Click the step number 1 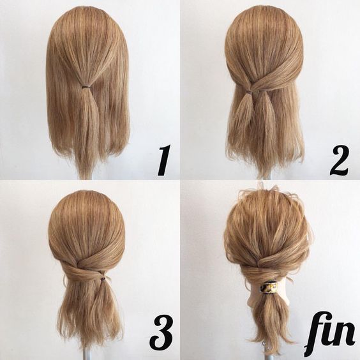click(x=165, y=160)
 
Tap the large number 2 click(x=340, y=160)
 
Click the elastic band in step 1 click(x=86, y=87)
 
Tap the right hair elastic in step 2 click(x=262, y=91)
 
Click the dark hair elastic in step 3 click(x=103, y=279)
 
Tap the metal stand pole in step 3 click(x=89, y=353)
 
